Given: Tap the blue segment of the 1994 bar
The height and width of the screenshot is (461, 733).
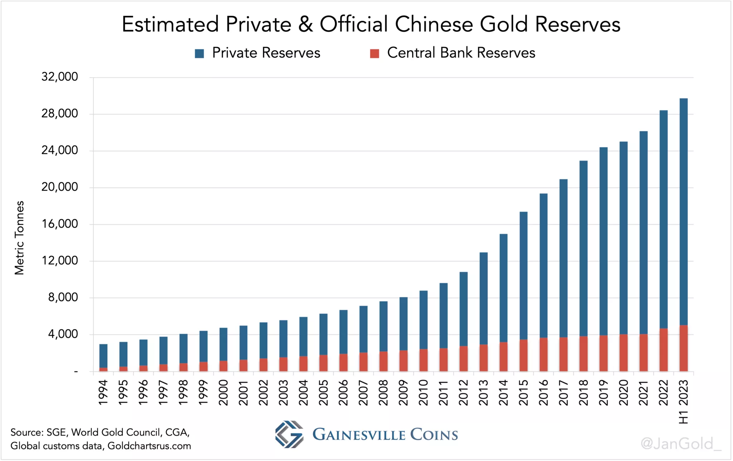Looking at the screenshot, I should tap(103, 356).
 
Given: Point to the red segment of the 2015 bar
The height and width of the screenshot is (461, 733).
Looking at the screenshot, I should tap(523, 355).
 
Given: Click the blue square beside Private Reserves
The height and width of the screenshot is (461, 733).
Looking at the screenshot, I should tap(199, 54).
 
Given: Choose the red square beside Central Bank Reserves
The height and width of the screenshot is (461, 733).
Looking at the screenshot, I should tap(374, 54).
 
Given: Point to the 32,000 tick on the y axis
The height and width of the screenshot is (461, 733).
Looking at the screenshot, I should tap(59, 77).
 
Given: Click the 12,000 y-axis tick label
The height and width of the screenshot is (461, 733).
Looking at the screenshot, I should tap(59, 261).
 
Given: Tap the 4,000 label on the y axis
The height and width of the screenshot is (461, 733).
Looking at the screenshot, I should tap(63, 334).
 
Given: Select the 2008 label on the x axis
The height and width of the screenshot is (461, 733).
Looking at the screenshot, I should tap(383, 392).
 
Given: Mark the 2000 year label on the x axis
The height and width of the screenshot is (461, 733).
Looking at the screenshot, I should tap(223, 392).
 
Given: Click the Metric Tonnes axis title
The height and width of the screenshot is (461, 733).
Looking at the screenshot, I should tap(19, 238).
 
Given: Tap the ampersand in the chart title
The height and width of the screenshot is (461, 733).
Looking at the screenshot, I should tap(305, 24).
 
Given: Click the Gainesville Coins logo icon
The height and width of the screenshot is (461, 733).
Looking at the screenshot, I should tap(289, 434).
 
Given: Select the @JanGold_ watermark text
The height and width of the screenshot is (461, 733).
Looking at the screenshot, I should tap(680, 444).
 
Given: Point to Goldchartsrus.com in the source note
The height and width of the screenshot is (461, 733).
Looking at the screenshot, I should tap(149, 446).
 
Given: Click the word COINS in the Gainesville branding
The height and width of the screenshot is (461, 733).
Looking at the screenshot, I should tap(434, 435).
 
